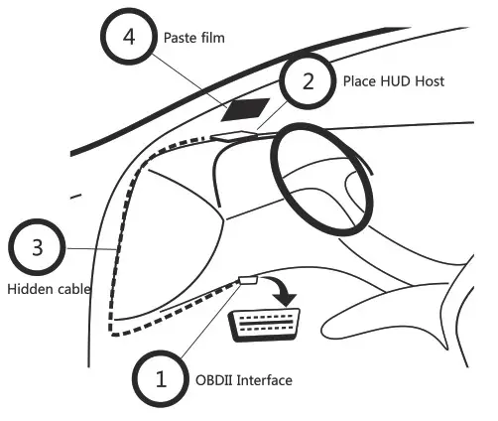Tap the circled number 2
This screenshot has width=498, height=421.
(308, 80)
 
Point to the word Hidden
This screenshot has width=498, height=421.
(28, 290)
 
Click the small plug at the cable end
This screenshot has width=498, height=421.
(248, 282)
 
